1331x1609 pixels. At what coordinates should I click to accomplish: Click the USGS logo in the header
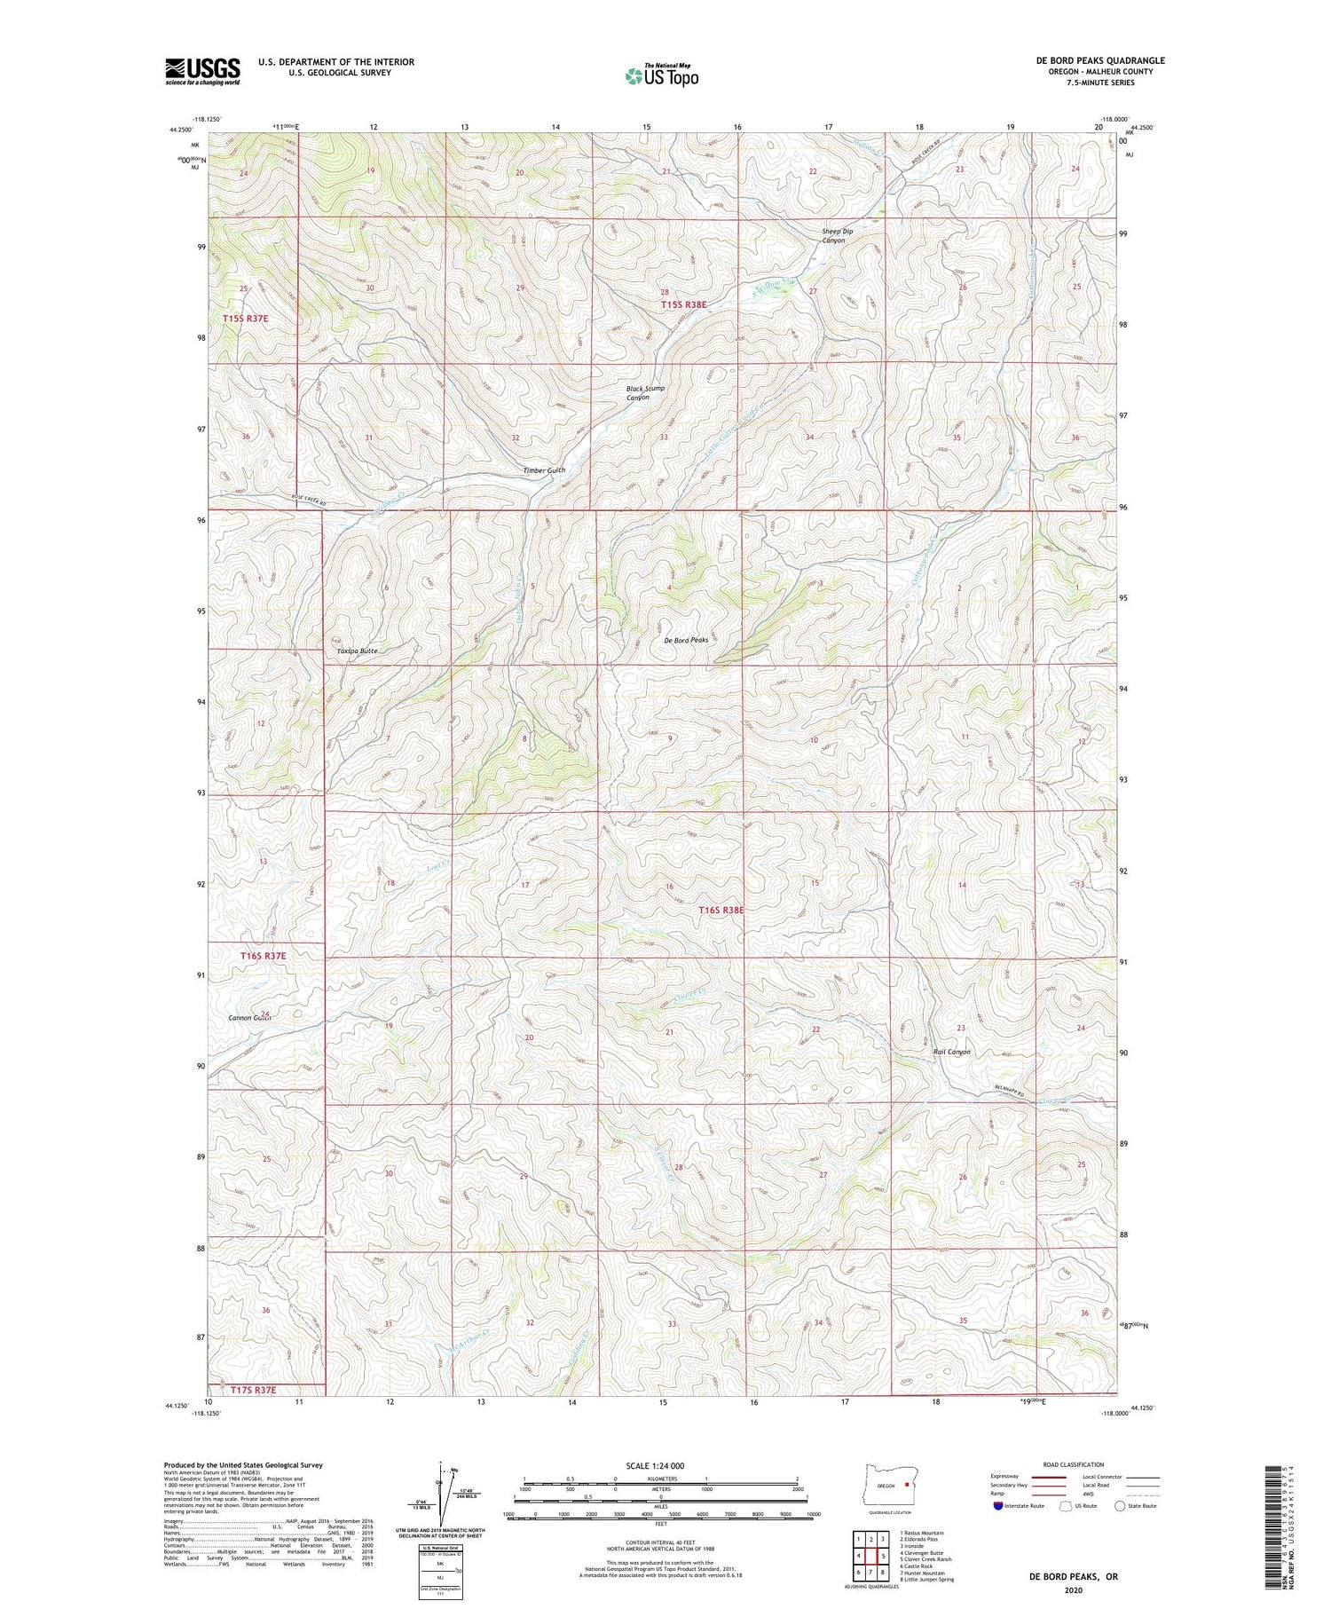[x=202, y=71]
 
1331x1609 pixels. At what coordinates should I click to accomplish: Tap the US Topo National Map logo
[x=662, y=75]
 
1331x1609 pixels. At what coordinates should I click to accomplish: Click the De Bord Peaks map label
[x=686, y=639]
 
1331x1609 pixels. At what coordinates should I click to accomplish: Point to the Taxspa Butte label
[x=358, y=651]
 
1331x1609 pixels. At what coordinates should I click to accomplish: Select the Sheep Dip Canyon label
[x=837, y=236]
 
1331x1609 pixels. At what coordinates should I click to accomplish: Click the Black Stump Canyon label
[x=645, y=393]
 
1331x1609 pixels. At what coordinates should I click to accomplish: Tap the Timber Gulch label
[x=543, y=470]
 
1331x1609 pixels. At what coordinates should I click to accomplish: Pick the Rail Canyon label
[x=951, y=1052]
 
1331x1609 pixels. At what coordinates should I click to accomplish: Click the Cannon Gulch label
[x=248, y=1018]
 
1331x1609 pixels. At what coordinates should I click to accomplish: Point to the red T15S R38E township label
[x=685, y=304]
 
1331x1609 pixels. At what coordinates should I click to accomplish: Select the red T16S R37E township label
[x=263, y=956]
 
